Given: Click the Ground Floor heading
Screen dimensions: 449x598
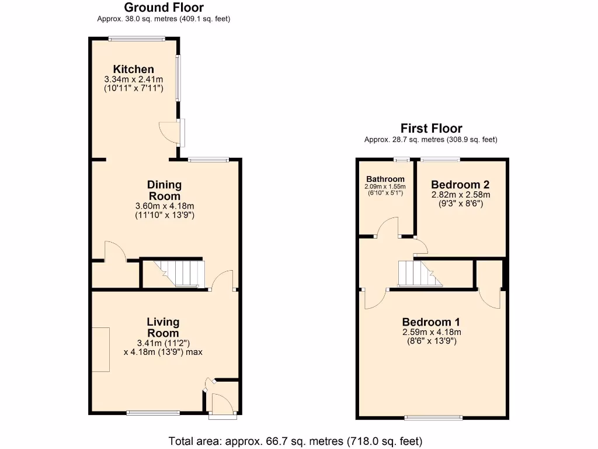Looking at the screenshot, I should click(x=164, y=8).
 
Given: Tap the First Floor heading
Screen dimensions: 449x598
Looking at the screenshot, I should click(x=431, y=128).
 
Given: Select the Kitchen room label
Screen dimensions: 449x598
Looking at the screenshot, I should click(x=134, y=69).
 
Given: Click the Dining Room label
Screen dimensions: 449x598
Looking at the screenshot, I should click(x=164, y=191).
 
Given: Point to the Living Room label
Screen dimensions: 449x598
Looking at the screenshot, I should click(x=163, y=327).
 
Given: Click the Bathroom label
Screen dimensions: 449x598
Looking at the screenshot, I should click(x=385, y=179).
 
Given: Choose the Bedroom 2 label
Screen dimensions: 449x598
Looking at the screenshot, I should click(x=461, y=184).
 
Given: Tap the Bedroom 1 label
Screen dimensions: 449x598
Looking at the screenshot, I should click(x=431, y=322).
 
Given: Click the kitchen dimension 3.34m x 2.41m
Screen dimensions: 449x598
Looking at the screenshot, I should click(x=134, y=80).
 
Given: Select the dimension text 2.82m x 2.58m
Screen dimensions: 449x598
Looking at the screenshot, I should click(x=461, y=195).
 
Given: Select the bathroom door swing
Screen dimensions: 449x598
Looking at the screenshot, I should click(x=387, y=228).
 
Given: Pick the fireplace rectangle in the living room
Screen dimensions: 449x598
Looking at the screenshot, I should click(x=100, y=350).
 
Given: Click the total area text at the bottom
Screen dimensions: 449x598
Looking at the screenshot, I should click(x=295, y=441).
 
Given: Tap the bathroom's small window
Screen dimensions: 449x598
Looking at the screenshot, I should click(x=401, y=159).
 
